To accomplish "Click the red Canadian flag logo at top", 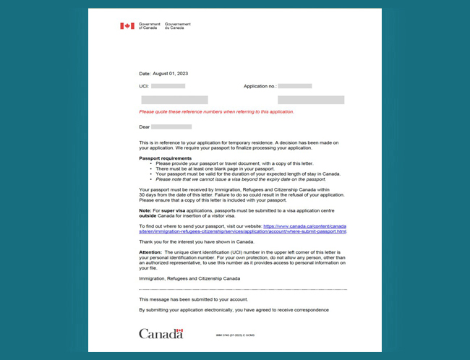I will (127, 25).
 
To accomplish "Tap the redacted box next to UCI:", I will (168, 86).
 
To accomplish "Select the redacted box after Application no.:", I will (294, 86).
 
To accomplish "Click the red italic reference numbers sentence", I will (216, 112).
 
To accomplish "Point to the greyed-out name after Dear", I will (171, 127).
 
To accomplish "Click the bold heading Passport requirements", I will (165, 158).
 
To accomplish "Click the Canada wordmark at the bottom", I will (161, 333).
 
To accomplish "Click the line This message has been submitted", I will (193, 298).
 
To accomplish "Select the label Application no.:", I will (260, 86).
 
